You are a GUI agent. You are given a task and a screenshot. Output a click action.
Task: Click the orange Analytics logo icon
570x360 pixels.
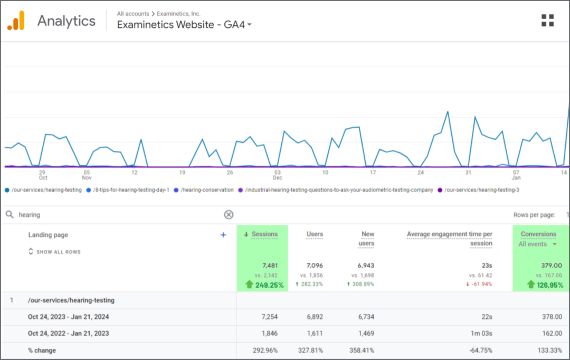[x=16, y=21]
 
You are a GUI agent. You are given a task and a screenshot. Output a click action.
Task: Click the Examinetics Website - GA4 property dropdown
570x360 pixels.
[x=184, y=24]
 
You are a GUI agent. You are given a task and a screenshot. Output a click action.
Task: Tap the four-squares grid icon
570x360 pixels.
[x=547, y=21]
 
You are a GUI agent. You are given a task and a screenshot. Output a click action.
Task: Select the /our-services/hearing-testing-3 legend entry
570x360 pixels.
[x=478, y=190]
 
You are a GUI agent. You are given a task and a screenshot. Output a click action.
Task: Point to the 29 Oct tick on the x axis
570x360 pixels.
[x=43, y=175]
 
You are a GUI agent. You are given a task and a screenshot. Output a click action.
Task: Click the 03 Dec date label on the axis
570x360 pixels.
[x=278, y=175]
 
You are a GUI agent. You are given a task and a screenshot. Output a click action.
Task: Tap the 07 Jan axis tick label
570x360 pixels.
[x=516, y=175]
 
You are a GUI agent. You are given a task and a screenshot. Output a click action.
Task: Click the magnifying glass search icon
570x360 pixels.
[x=9, y=214]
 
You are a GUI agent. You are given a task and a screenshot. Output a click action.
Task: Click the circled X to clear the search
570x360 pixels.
[x=229, y=214]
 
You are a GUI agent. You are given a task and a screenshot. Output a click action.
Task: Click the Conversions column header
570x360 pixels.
[x=538, y=234]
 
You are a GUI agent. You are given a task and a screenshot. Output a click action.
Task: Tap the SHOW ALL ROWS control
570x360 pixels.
[x=55, y=252]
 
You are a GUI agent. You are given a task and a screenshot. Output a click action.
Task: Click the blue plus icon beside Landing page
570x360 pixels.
[x=223, y=235]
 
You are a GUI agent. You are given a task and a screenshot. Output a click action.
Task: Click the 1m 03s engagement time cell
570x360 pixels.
[x=481, y=334]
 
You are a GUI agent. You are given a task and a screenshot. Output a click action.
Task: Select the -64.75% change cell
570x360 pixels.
[x=480, y=350]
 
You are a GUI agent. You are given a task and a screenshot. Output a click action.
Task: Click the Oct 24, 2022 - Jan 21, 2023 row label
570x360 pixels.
[x=68, y=334]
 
